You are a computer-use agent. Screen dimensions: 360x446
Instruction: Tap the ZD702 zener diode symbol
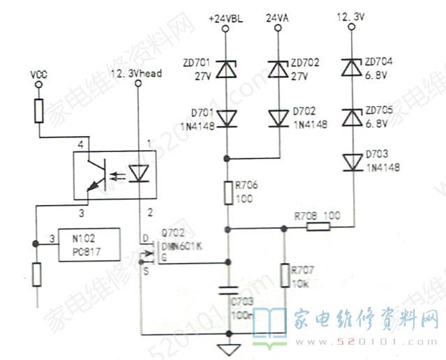tap(278, 68)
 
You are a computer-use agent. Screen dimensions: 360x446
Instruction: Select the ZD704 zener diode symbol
tap(353, 68)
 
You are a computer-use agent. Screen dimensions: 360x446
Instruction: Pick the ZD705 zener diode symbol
tap(353, 115)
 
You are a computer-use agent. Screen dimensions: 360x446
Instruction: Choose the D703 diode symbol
tap(353, 161)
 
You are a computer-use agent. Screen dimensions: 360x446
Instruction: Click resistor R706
tap(228, 193)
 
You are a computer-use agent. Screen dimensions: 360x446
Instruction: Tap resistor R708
tap(318, 227)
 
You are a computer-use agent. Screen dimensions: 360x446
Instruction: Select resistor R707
tap(284, 274)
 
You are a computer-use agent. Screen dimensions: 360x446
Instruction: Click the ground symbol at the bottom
tap(228, 347)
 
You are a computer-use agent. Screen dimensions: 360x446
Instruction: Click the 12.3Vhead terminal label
tap(137, 73)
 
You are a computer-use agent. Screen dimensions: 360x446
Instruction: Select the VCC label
tap(38, 73)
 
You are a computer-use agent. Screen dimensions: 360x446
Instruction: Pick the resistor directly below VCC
tap(38, 110)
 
